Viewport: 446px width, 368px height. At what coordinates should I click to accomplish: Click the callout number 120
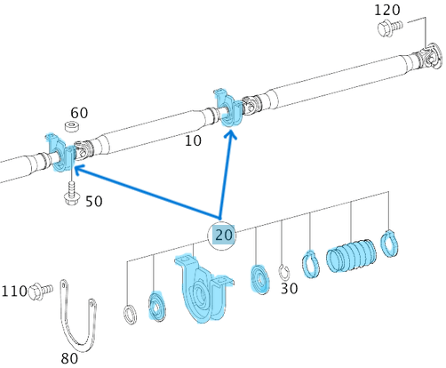pos(387,10)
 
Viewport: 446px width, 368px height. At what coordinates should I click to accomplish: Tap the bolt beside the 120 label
pos(390,28)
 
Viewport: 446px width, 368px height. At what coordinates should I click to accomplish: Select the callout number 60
pos(79,113)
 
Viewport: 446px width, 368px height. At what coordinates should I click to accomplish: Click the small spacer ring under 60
pos(73,126)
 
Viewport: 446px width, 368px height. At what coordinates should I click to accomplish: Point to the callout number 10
pos(193,140)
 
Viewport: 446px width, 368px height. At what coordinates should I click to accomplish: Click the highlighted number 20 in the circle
pos(224,236)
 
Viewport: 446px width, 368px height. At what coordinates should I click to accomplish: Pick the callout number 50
pos(94,202)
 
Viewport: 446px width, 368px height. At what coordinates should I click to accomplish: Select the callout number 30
pos(290,288)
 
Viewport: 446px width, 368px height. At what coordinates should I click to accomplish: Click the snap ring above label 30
pos(283,272)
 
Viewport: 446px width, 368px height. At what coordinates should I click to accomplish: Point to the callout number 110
pos(14,292)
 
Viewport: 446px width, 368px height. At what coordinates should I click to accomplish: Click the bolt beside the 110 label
pos(41,291)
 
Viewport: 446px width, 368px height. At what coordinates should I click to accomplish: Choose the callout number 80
pos(69,358)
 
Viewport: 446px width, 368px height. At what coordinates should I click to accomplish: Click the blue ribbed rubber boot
pos(352,255)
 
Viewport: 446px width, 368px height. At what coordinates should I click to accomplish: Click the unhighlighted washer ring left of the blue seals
pos(130,315)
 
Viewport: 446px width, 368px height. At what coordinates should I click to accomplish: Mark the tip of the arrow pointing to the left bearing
pos(74,167)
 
